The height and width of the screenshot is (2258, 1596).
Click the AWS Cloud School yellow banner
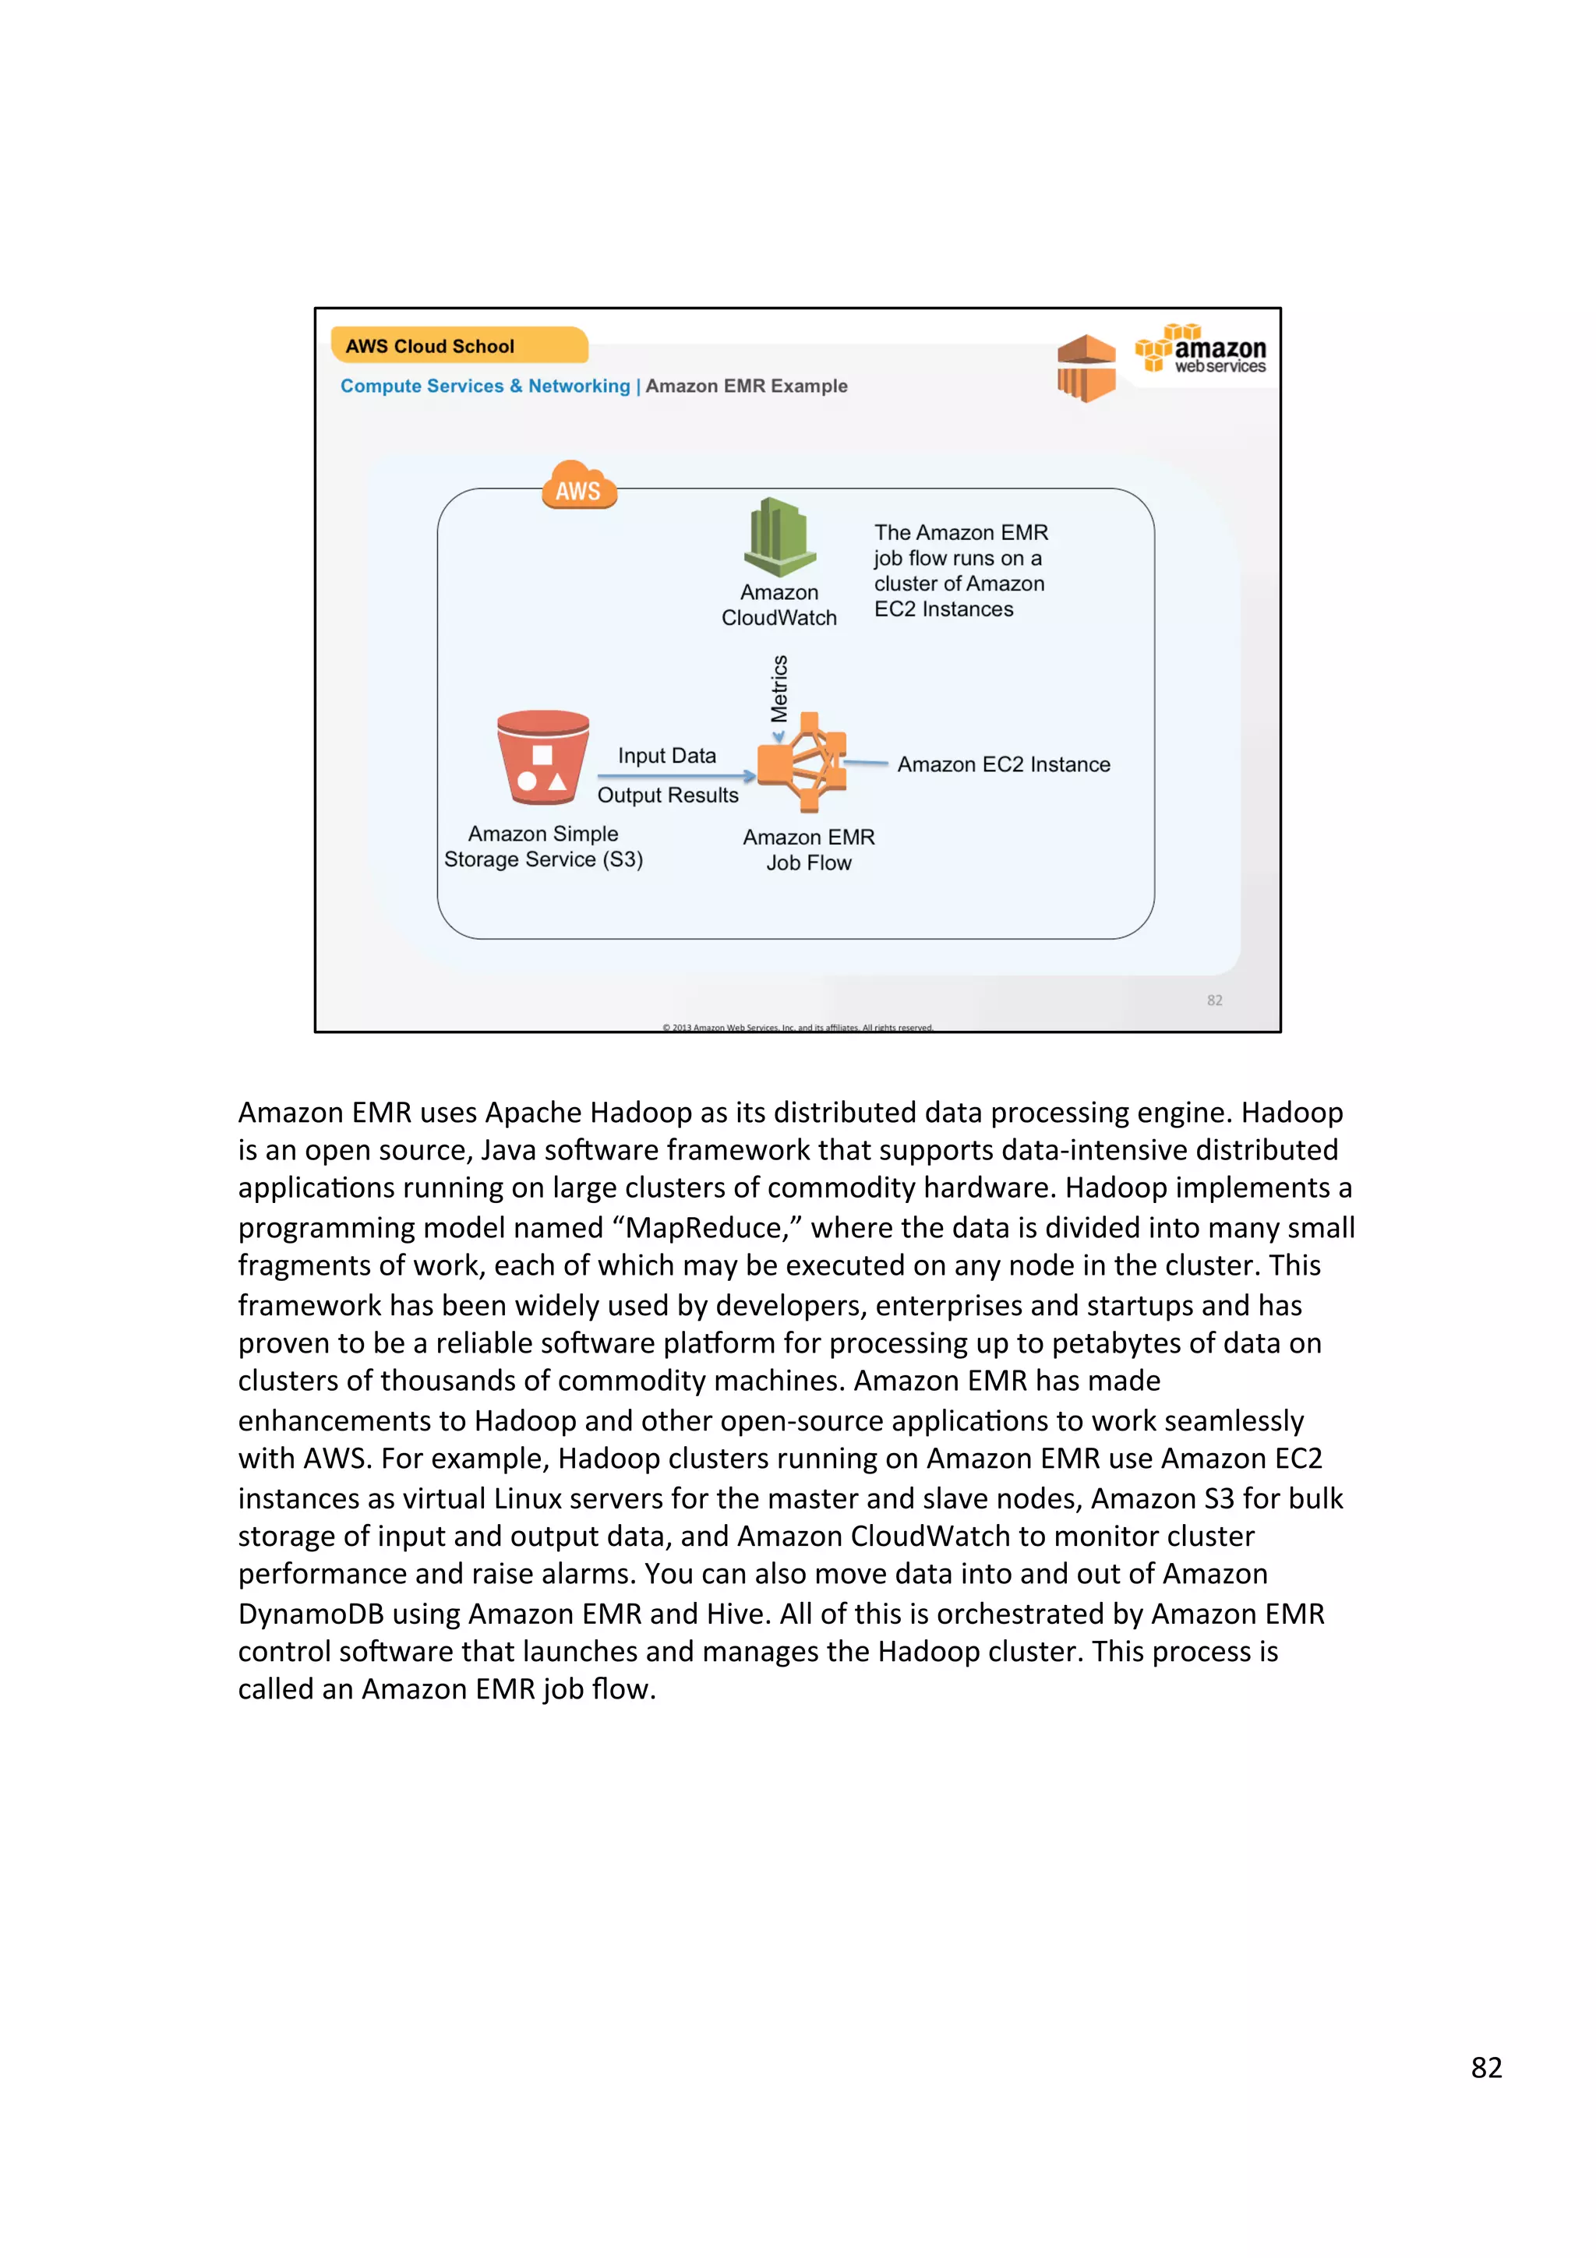[x=458, y=345]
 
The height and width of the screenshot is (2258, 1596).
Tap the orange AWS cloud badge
[x=579, y=486]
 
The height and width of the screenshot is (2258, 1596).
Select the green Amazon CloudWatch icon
[x=779, y=537]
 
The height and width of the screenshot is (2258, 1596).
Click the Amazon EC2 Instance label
[x=1003, y=764]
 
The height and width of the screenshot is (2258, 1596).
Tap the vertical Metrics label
[x=779, y=689]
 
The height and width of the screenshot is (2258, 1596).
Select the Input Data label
[x=667, y=755]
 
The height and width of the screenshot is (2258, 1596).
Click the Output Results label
[x=668, y=795]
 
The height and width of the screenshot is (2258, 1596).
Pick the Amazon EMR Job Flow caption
[x=808, y=850]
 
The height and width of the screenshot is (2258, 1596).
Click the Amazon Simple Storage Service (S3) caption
[x=543, y=845]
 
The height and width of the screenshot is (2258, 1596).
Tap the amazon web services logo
[x=1201, y=350]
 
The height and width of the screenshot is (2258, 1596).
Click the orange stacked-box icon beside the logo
[x=1086, y=368]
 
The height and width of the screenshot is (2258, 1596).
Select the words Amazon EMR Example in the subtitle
[x=747, y=386]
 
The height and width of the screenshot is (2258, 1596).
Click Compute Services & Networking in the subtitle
[x=485, y=386]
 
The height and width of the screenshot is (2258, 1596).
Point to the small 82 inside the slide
[x=1214, y=1000]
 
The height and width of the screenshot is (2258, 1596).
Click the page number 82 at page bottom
[x=1486, y=2067]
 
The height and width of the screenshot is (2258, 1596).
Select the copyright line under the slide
[x=797, y=1027]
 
